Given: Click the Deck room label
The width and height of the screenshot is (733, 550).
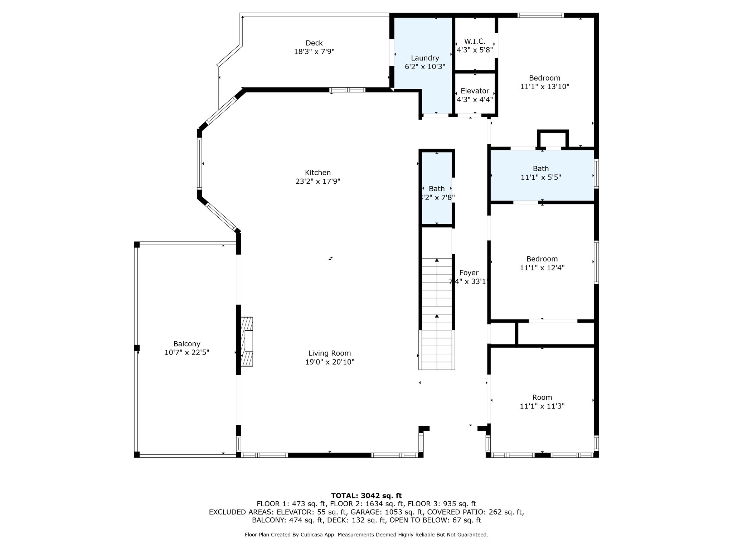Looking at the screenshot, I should (x=314, y=43).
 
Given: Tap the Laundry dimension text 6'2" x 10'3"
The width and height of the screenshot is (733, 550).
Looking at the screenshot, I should (x=425, y=67).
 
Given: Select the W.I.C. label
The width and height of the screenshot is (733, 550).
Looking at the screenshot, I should (x=475, y=41).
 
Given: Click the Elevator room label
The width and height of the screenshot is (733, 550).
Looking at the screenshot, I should (x=475, y=91).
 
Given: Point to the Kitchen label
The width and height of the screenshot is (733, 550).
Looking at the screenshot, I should (x=317, y=173).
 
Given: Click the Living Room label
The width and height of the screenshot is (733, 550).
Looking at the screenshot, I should (x=329, y=353).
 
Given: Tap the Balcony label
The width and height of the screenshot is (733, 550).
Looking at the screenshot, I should (x=186, y=344).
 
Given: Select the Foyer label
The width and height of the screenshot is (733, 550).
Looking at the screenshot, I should (x=469, y=273).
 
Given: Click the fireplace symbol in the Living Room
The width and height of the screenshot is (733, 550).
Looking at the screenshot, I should (x=247, y=341).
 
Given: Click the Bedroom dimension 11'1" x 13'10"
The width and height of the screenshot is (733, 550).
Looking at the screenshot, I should (x=544, y=87).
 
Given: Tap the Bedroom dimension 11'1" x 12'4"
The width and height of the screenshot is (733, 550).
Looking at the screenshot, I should (x=542, y=268).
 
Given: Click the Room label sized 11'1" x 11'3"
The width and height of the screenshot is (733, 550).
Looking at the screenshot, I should (x=542, y=397).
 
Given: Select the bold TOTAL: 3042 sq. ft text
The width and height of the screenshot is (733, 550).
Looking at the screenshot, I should (x=366, y=496).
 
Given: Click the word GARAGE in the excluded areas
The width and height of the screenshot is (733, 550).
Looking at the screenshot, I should (x=364, y=512).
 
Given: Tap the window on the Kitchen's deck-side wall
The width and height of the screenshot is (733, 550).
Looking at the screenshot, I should (x=347, y=90).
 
